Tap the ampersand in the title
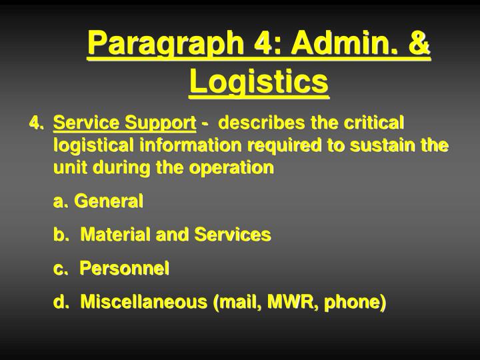[x=417, y=45]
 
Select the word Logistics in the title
[x=259, y=83]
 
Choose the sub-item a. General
[x=98, y=201]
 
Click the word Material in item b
[x=115, y=235]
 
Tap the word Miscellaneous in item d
[x=143, y=302]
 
